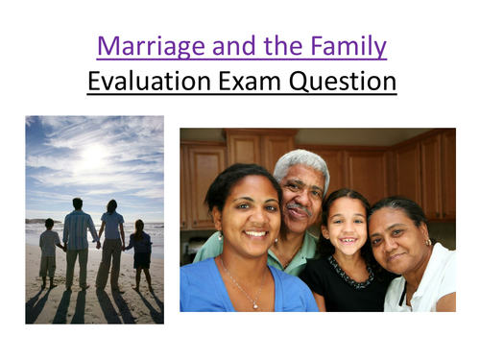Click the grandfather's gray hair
click(x=300, y=162)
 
